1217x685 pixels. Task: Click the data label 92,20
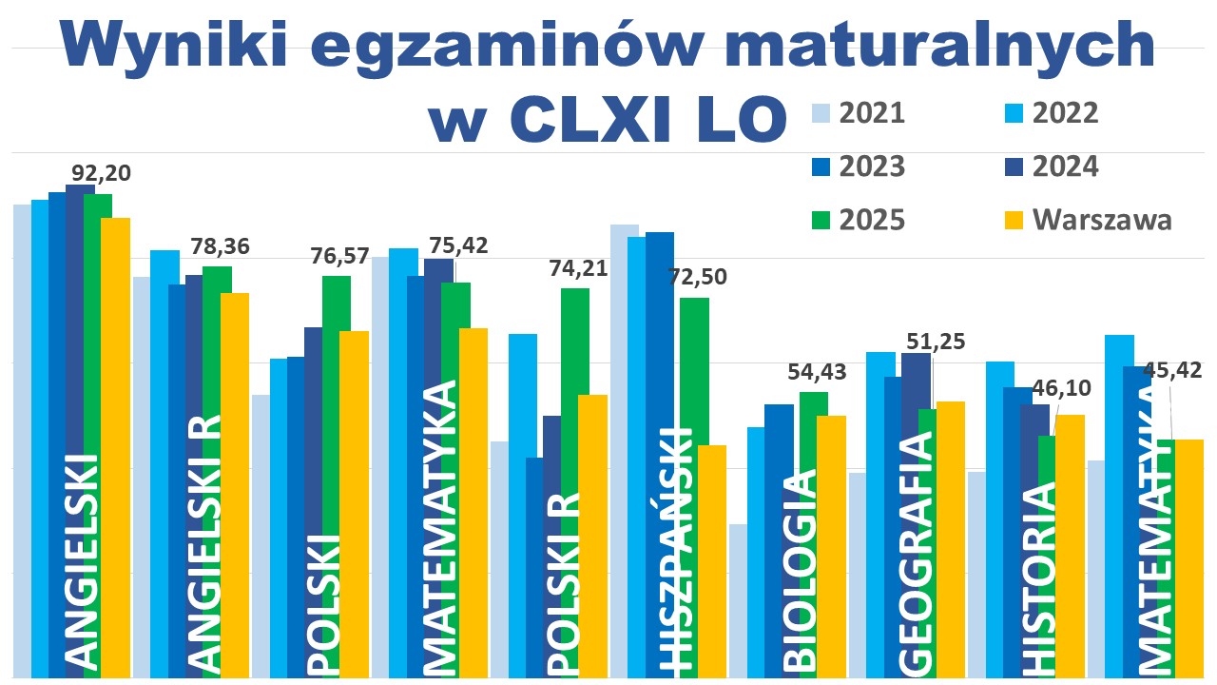[x=102, y=173]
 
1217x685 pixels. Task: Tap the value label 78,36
[x=220, y=247]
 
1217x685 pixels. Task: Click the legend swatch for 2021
[x=821, y=114]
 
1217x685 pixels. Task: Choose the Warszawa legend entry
[x=1102, y=220]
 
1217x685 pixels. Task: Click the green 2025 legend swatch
[x=821, y=220]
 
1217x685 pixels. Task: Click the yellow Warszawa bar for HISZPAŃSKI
[x=711, y=561]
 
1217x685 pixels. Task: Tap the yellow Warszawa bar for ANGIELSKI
[x=115, y=447]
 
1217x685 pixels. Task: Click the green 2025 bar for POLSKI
[x=336, y=476]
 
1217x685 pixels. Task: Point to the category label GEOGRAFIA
[x=916, y=552]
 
